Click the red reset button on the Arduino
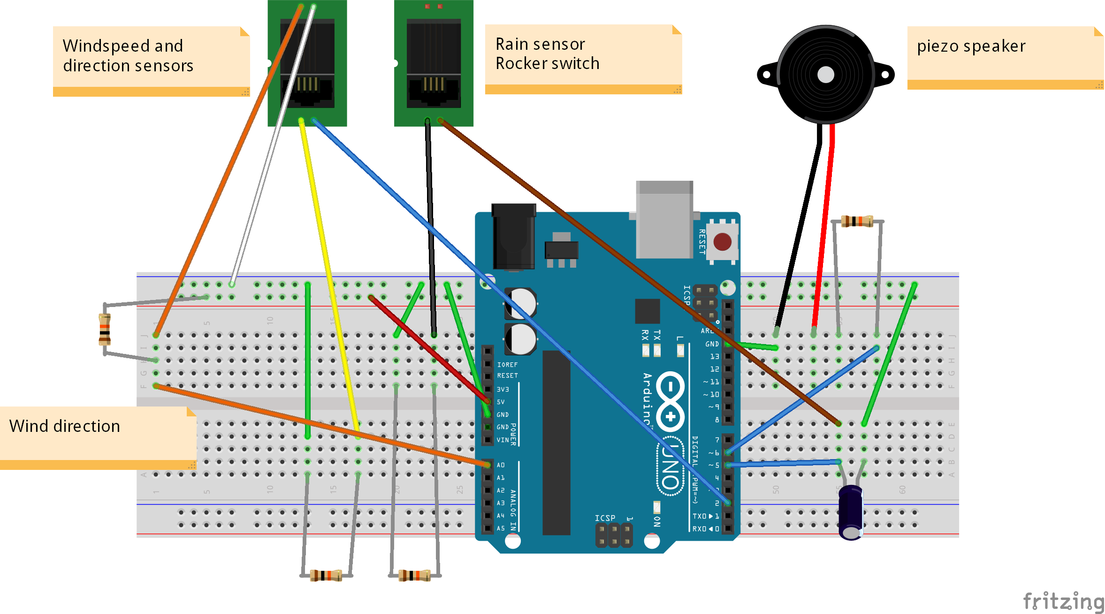click(722, 242)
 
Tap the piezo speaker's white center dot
click(825, 75)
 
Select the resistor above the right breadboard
click(857, 221)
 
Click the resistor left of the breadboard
click(105, 330)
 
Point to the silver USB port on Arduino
click(664, 219)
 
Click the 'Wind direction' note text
click(65, 426)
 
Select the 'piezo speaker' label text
click(971, 46)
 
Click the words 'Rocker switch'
click(547, 63)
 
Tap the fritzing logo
click(1063, 601)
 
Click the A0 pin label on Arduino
click(501, 465)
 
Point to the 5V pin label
click(501, 402)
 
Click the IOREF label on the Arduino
click(507, 365)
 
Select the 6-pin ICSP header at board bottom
click(614, 536)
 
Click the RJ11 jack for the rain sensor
click(433, 63)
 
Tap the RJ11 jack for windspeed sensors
click(307, 63)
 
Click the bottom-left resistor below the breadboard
click(326, 575)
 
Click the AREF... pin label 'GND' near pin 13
click(712, 344)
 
